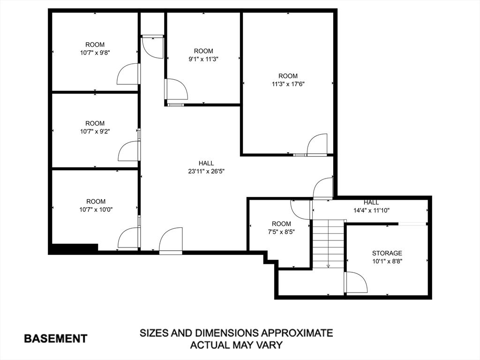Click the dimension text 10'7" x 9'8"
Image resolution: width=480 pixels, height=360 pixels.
tap(95, 53)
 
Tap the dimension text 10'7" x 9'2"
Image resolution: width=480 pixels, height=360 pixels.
tap(95, 132)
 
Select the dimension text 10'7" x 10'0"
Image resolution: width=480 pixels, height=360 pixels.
tap(96, 210)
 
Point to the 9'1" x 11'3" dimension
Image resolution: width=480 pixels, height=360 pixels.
tap(203, 59)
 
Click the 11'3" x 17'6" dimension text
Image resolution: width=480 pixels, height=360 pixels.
tap(288, 84)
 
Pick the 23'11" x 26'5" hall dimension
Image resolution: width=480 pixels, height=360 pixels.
tap(206, 171)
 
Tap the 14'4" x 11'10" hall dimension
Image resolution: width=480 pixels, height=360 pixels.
tap(371, 210)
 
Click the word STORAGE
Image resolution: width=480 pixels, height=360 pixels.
tap(387, 253)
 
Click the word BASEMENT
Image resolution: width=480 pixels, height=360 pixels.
tap(55, 338)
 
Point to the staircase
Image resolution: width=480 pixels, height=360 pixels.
tap(328, 244)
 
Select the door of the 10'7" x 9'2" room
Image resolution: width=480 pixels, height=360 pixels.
tap(129, 151)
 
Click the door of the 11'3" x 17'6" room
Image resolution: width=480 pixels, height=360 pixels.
tap(317, 144)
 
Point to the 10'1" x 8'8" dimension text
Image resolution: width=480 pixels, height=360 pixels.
tap(387, 261)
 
